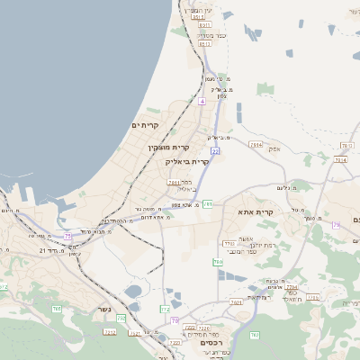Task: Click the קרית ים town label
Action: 145,124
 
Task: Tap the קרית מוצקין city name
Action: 170,145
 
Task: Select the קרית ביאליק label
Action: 186,162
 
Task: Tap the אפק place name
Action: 274,148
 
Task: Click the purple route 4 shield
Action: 202,102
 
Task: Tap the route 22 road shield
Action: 216,151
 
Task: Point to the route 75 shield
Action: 67,236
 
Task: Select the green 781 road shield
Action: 208,204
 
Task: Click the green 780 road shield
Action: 218,262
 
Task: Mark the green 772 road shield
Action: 166,310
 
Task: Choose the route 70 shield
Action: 175,320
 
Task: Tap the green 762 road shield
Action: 254,335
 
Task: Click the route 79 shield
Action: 336,224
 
